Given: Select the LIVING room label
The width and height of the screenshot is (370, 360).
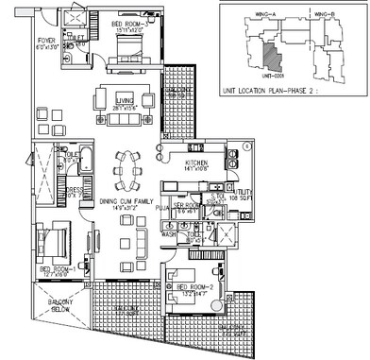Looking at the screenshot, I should pos(121,106).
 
